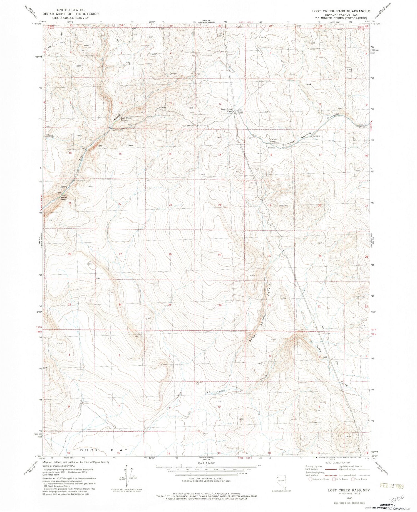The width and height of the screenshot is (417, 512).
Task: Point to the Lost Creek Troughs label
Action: pyautogui.click(x=126, y=119)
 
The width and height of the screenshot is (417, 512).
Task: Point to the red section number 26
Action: pyautogui.click(x=170, y=254)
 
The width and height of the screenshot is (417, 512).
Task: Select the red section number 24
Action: pyautogui.click(x=220, y=205)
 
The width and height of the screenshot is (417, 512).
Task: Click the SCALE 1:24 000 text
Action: pyautogui.click(x=206, y=463)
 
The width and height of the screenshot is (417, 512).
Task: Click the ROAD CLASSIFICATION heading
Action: pyautogui.click(x=337, y=462)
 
